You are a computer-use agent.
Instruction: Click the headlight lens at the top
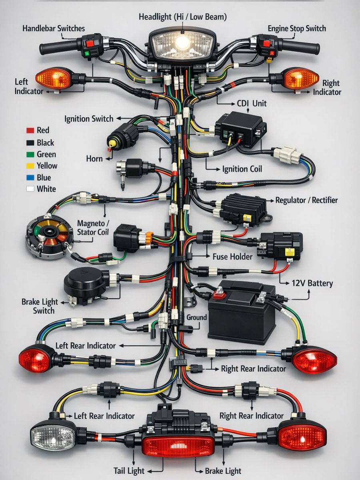(182, 42)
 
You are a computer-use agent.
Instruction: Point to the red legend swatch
(30, 130)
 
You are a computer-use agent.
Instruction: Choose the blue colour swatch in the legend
(30, 178)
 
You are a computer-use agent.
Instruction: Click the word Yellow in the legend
(47, 166)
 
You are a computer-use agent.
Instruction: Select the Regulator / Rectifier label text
(306, 200)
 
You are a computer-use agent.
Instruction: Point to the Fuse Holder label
(232, 256)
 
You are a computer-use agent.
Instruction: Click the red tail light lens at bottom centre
(178, 445)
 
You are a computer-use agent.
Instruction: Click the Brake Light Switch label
(40, 306)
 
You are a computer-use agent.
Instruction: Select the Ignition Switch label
(89, 119)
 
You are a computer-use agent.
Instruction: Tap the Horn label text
(94, 159)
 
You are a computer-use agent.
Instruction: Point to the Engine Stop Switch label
(297, 28)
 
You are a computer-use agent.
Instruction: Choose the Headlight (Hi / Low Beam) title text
(182, 17)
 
